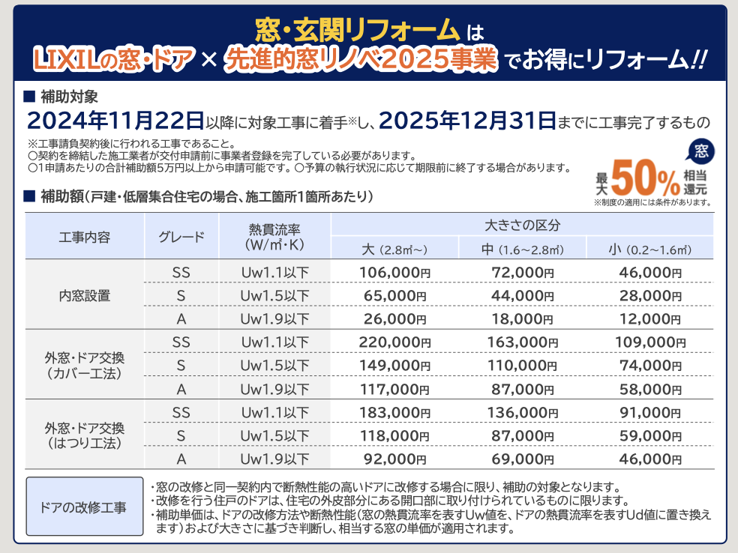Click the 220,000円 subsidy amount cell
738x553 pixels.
point(394,342)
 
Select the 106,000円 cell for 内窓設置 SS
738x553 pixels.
point(394,272)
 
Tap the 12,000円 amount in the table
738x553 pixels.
point(650,319)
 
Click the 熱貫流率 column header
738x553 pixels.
point(274,237)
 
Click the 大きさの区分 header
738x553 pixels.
point(522,224)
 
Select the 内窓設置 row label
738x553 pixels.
point(85,296)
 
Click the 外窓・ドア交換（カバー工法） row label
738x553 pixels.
point(85,366)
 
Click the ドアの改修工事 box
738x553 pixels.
point(84,507)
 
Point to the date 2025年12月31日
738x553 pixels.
point(467,120)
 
